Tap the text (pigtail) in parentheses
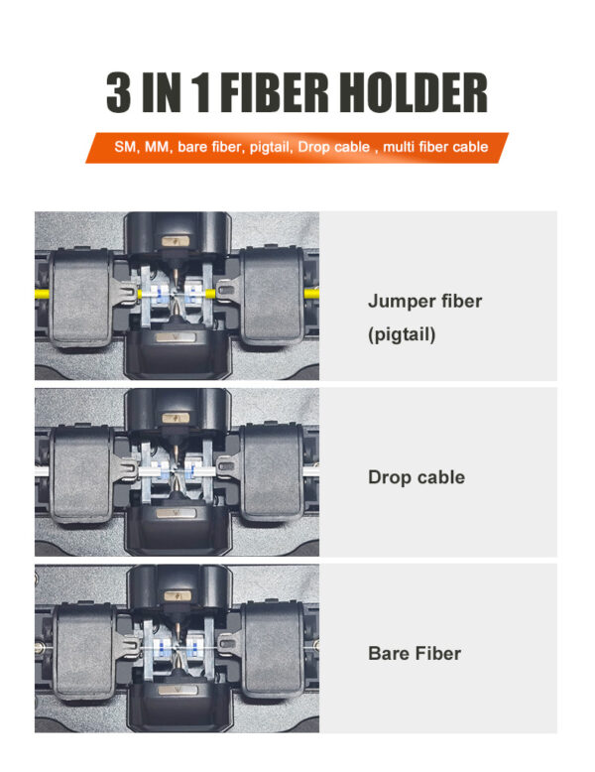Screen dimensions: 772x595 (401, 334)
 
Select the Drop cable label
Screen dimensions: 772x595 (416, 477)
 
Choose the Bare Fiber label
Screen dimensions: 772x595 (414, 653)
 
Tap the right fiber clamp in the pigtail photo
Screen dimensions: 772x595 (272, 295)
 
